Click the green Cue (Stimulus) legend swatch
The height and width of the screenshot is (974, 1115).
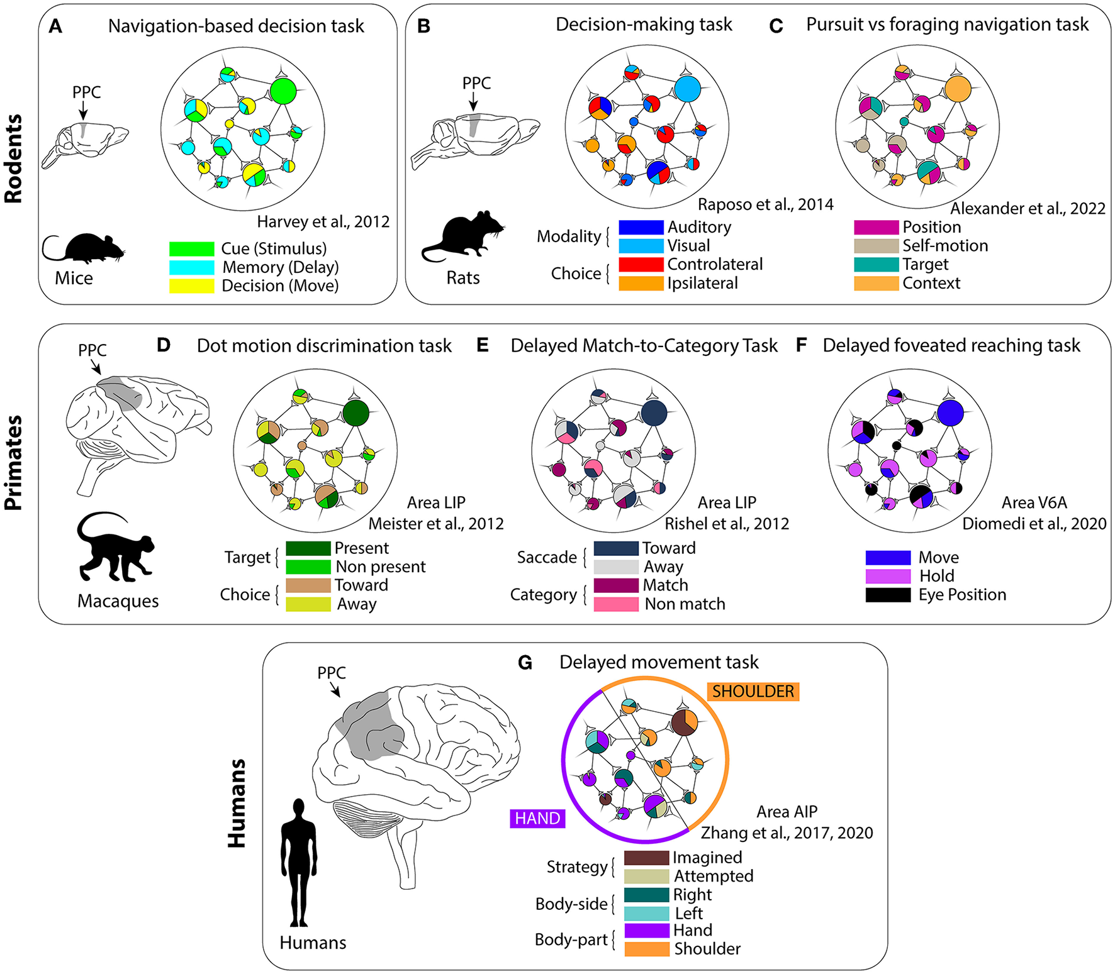click(x=191, y=248)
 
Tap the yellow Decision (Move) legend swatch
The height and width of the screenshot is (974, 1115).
click(x=191, y=285)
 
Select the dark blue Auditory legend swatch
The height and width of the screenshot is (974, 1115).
click(x=641, y=227)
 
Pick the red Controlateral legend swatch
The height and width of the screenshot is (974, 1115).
click(x=641, y=264)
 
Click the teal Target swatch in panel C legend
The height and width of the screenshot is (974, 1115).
click(x=876, y=264)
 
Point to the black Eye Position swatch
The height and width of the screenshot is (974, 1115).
click(x=888, y=595)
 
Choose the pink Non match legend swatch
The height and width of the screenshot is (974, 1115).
click(x=616, y=604)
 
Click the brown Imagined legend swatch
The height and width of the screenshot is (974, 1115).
click(x=646, y=858)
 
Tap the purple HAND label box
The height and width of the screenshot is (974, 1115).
click(x=537, y=818)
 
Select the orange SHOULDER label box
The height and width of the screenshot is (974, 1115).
click(x=753, y=692)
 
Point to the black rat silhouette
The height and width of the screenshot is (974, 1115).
click(x=464, y=236)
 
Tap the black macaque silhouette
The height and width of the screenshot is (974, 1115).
click(x=113, y=547)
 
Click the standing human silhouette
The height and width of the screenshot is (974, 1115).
click(x=299, y=861)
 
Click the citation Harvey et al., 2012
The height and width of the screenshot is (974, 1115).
click(x=323, y=222)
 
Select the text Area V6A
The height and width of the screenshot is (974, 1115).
click(x=1034, y=502)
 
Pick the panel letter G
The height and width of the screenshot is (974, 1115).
click(x=525, y=663)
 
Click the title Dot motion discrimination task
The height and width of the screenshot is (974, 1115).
click(x=324, y=346)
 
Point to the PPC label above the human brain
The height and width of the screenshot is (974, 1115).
click(x=331, y=673)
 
